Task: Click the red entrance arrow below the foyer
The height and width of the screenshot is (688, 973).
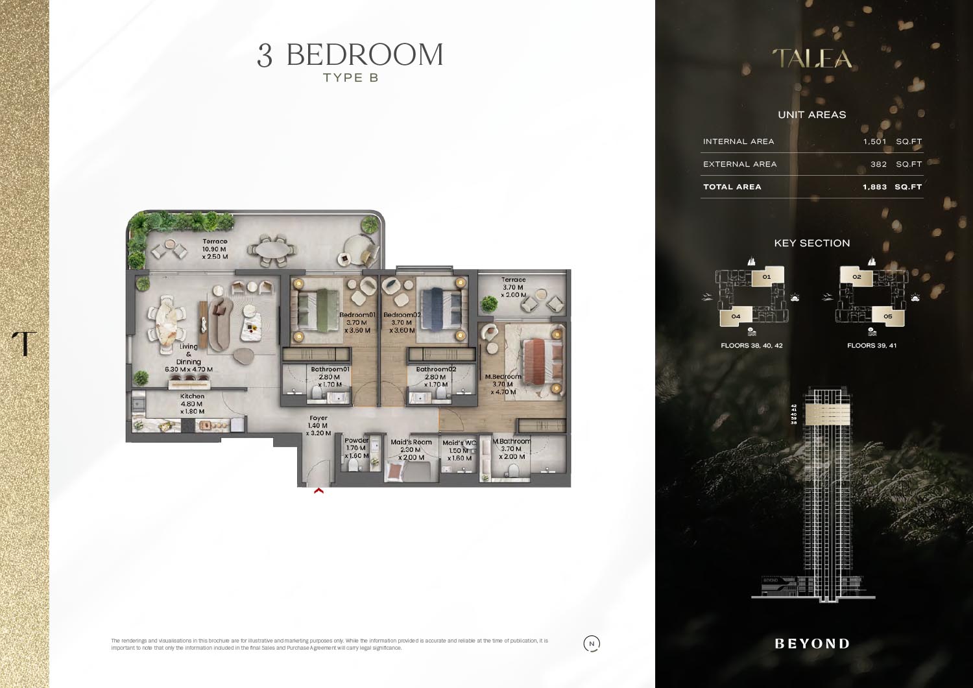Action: pyautogui.click(x=318, y=492)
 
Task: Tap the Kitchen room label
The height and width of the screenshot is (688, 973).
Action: pyautogui.click(x=192, y=396)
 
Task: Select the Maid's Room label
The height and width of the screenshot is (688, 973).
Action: pyautogui.click(x=411, y=442)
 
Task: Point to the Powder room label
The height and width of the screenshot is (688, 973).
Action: pyautogui.click(x=356, y=440)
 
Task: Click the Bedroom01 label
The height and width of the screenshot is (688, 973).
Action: pyautogui.click(x=357, y=315)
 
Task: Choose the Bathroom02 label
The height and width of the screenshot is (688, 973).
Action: pyautogui.click(x=436, y=369)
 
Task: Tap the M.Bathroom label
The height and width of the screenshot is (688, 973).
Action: pyautogui.click(x=511, y=442)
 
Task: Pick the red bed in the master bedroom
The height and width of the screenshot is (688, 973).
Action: pyautogui.click(x=535, y=356)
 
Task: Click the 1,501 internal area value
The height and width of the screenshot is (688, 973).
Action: pyautogui.click(x=874, y=141)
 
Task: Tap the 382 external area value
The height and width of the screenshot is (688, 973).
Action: pyautogui.click(x=878, y=164)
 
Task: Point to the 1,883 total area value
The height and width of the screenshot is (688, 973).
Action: pyautogui.click(x=874, y=187)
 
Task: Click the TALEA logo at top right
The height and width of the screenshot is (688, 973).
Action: pyautogui.click(x=812, y=59)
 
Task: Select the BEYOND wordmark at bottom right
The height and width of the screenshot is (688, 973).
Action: pyautogui.click(x=812, y=644)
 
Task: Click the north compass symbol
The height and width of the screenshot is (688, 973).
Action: pyautogui.click(x=592, y=644)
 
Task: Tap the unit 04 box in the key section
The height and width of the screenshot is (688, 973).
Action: pyautogui.click(x=736, y=316)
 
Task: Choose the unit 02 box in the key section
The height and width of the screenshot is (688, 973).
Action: pyautogui.click(x=856, y=277)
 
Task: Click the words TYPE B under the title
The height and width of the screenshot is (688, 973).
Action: pyautogui.click(x=350, y=78)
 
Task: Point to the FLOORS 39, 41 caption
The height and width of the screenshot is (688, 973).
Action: pyautogui.click(x=872, y=346)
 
